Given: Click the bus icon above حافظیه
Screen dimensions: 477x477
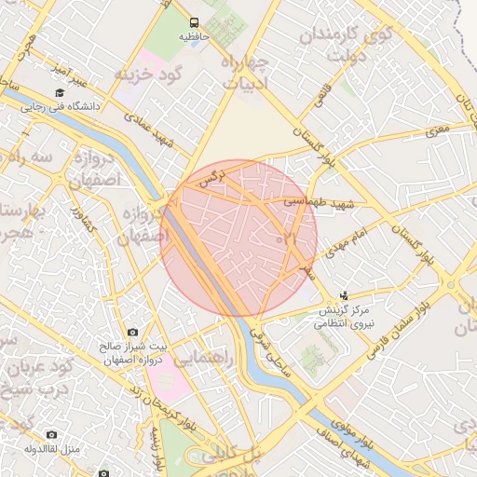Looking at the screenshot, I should (193, 22).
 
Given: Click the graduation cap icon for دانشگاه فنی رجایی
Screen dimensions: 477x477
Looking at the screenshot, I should (60, 92).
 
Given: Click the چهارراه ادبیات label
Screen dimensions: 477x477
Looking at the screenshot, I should (246, 71).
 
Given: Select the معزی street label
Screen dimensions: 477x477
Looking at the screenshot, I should (437, 133).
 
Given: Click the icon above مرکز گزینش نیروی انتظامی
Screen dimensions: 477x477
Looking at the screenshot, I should (345, 295).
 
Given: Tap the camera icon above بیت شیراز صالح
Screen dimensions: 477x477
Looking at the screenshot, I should (131, 333).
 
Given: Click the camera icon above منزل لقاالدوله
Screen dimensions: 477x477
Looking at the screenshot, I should (50, 435).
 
